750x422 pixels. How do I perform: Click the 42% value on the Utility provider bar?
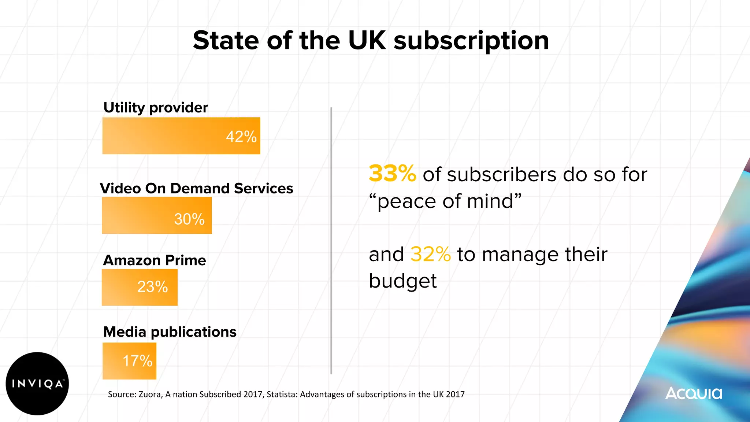[x=241, y=137]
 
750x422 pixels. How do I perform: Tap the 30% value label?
[x=189, y=219]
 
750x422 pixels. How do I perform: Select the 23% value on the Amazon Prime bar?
[x=152, y=286]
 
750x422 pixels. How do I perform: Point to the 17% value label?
[x=137, y=361]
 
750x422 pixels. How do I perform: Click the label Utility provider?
[x=156, y=107]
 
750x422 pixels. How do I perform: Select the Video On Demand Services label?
[x=197, y=188]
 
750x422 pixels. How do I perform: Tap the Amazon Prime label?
[x=155, y=260]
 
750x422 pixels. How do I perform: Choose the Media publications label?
[x=170, y=332]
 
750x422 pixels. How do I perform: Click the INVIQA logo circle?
[x=37, y=384]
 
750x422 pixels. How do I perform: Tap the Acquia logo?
[x=694, y=393]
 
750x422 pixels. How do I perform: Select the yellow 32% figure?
[x=430, y=254]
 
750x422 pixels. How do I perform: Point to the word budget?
[x=402, y=281]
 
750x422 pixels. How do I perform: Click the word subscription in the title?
[x=471, y=41]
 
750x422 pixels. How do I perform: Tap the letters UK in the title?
[x=367, y=40]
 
